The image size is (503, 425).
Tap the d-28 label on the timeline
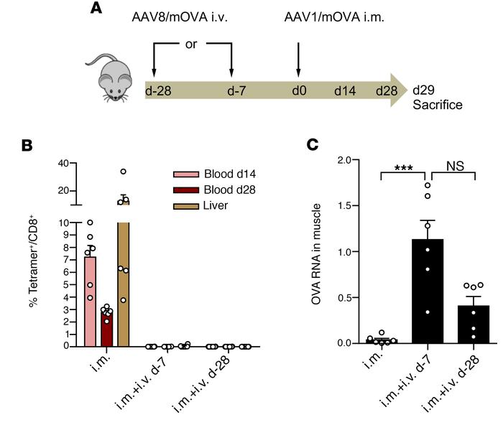160,92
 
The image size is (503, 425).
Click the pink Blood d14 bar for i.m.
91,302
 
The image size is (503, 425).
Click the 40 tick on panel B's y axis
63,163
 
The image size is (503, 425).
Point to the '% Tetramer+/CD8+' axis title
34,258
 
